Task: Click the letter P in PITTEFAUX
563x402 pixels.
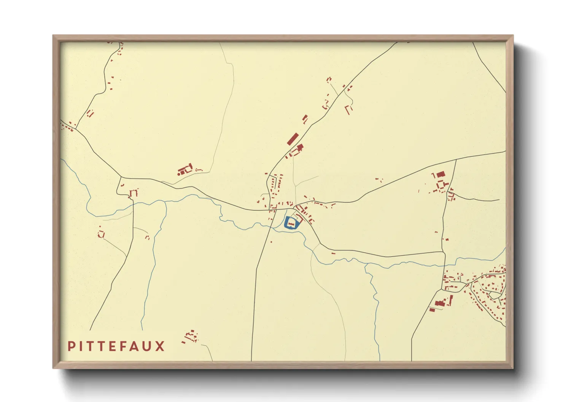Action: (x=71, y=346)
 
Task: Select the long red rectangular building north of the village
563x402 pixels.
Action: (x=292, y=139)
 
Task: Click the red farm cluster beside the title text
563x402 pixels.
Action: (x=191, y=336)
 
